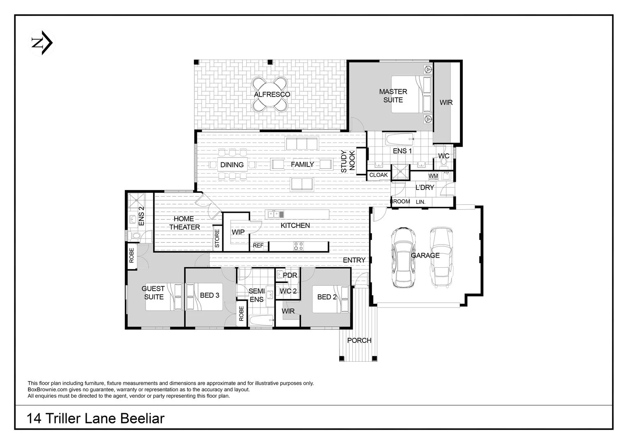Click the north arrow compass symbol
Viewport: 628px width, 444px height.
(43, 43)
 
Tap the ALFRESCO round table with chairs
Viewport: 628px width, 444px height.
(272, 95)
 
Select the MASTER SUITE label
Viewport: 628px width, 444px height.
(393, 96)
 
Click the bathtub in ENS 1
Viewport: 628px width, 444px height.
(399, 140)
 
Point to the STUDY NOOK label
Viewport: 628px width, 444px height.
(348, 161)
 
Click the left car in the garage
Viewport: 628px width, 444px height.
(402, 257)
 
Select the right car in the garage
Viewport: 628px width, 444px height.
(441, 257)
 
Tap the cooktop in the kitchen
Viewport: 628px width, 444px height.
(299, 246)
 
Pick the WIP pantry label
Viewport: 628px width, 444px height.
(238, 232)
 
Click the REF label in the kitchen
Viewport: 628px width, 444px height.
(258, 246)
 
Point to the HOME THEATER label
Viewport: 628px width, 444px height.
(184, 223)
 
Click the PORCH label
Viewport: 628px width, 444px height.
(359, 340)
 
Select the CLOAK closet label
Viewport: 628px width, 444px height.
(379, 175)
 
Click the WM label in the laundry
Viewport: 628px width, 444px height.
(433, 176)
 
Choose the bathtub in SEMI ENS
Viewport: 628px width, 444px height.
(261, 321)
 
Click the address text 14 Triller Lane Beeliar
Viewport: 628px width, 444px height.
(95, 419)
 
